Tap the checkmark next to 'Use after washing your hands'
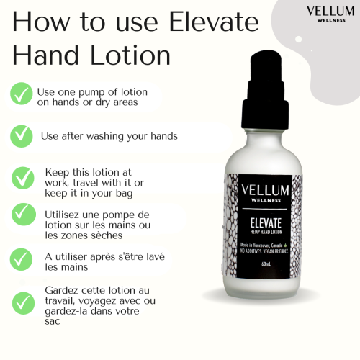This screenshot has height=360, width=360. pos(22,134)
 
